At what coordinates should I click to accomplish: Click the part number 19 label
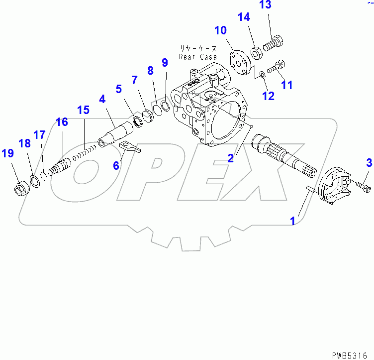coord(7,153)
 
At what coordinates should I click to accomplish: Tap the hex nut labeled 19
coord(19,189)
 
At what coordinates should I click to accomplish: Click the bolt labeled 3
coord(363,187)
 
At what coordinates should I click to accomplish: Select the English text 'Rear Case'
coord(198,57)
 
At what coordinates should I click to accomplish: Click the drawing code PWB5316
coord(354,355)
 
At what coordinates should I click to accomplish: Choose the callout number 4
coord(101,100)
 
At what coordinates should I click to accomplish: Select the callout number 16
coord(62,122)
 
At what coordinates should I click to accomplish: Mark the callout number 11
coord(287,85)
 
